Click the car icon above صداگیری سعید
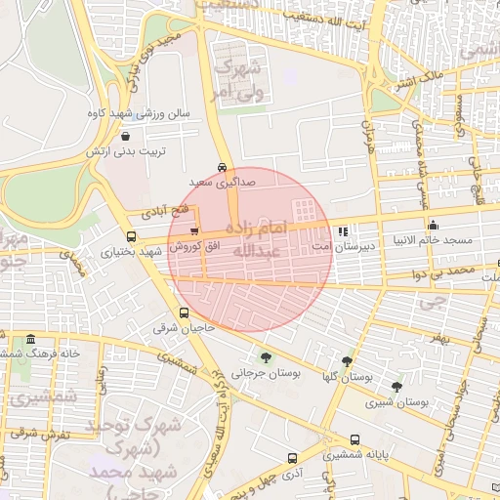click(x=223, y=167)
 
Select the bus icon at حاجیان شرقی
click(x=184, y=313)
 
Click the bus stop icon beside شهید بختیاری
click(x=131, y=236)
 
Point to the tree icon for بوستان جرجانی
click(x=266, y=357)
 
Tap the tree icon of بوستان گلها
click(x=347, y=362)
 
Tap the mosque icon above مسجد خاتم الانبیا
click(x=433, y=226)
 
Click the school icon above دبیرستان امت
click(x=342, y=232)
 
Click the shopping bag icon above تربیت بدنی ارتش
click(x=127, y=138)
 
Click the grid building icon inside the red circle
click(x=305, y=209)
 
